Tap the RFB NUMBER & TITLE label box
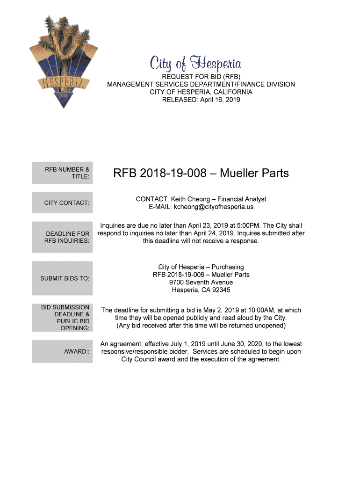(62, 173)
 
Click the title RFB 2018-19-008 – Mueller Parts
(201, 174)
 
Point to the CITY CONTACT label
(66, 203)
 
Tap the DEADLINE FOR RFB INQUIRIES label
(67, 237)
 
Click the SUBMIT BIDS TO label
(65, 278)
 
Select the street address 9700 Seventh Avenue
(201, 283)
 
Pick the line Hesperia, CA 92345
(201, 290)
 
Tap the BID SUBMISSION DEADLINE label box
(65, 318)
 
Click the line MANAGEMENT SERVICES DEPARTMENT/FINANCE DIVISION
(201, 85)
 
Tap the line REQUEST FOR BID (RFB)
(201, 77)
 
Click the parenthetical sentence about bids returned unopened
(201, 325)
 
